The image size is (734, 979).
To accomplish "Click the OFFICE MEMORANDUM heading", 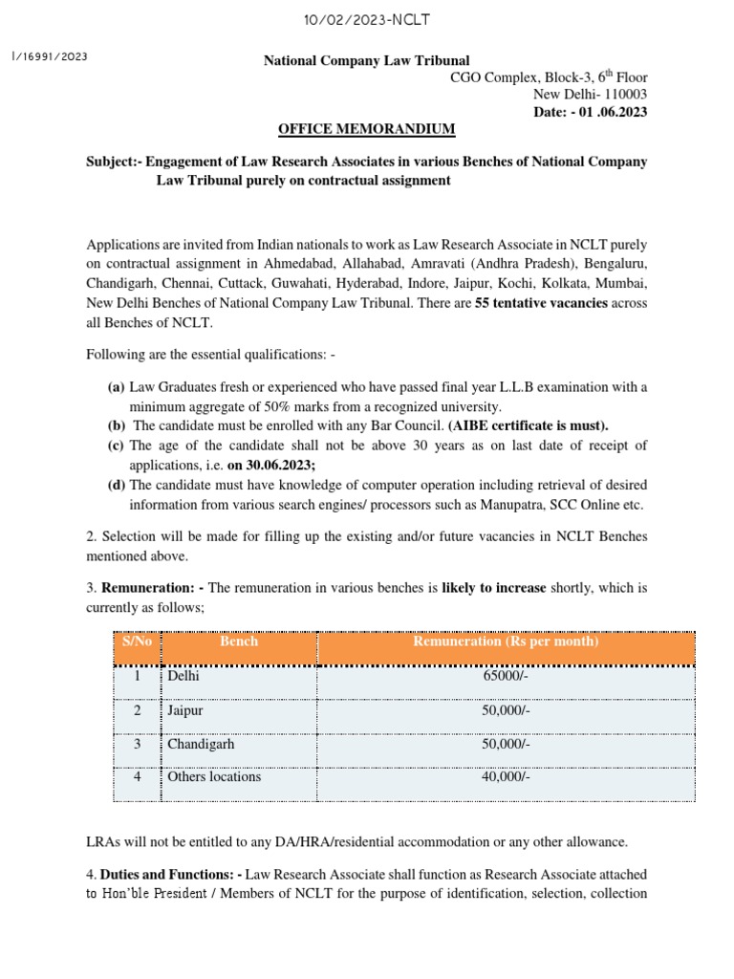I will click(366, 129).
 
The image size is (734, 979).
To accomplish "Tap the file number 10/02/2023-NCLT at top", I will click(366, 19).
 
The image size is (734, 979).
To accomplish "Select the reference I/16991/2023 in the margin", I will click(49, 56).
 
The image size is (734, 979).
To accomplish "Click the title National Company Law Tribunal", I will click(366, 61).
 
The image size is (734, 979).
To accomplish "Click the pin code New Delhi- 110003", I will click(590, 95).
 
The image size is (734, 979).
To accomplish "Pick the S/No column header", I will click(138, 642).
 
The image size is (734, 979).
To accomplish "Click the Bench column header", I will click(239, 642).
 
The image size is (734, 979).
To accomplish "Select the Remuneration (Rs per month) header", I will click(506, 642).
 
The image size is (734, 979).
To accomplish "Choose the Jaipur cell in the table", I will click(185, 711).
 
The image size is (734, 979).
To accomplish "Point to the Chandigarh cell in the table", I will click(201, 744).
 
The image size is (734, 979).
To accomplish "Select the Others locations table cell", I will click(214, 777).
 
